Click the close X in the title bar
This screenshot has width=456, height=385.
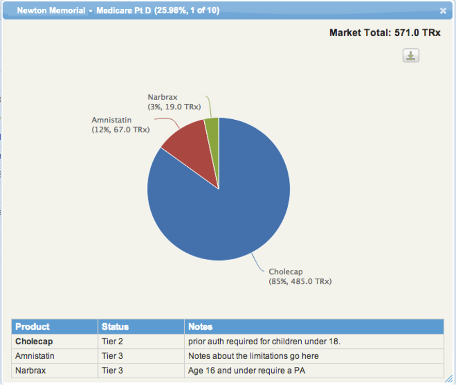click(x=443, y=11)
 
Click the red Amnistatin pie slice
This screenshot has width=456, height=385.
click(x=194, y=150)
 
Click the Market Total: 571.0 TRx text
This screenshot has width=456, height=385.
click(x=385, y=33)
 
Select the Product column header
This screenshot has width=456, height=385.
click(x=32, y=327)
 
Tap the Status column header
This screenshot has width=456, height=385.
click(x=115, y=327)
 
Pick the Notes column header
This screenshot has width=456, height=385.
click(x=200, y=327)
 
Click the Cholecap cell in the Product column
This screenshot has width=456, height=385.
click(x=34, y=341)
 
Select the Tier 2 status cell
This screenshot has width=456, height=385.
click(x=112, y=341)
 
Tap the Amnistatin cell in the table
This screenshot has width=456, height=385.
click(x=35, y=356)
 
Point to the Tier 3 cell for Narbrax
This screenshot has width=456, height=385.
click(x=112, y=370)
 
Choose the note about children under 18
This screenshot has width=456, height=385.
click(x=264, y=341)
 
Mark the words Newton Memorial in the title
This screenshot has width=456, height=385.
click(x=51, y=10)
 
